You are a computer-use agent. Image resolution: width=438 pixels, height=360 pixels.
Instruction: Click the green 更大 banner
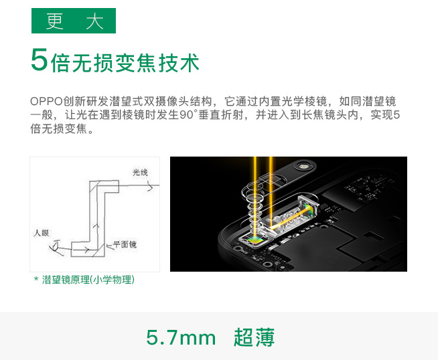(74, 21)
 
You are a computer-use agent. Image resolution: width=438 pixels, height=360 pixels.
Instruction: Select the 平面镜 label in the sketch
(125, 245)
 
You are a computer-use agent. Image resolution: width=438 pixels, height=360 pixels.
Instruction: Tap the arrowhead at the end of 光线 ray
(149, 188)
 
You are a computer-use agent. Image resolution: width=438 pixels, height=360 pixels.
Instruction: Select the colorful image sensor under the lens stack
(256, 239)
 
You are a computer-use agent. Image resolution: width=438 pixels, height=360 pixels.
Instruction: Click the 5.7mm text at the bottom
(181, 337)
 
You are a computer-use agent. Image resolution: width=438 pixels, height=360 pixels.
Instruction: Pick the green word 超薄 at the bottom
(254, 337)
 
